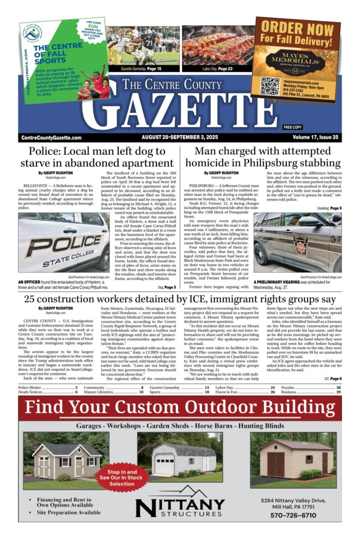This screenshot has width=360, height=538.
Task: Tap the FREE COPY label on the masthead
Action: (293, 128)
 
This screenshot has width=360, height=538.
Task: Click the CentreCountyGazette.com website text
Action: (51, 137)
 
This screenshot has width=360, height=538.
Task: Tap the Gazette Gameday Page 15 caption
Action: (141, 68)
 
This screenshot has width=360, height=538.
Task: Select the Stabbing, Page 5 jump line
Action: (329, 208)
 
